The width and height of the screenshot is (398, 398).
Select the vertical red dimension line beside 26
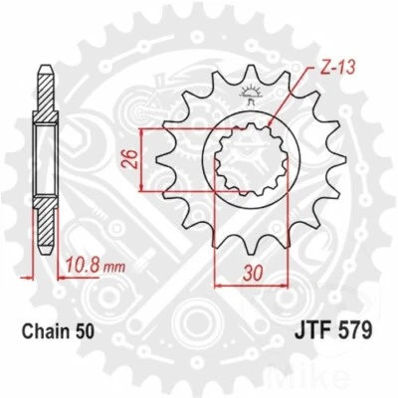coord(146,158)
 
